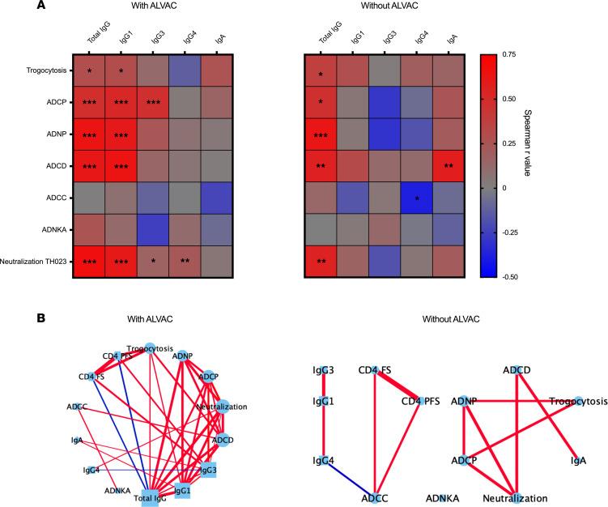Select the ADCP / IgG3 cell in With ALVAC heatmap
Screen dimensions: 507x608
click(x=154, y=103)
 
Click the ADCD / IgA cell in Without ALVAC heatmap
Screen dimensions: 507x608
click(x=450, y=167)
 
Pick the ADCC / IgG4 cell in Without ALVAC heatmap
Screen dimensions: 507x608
click(x=419, y=198)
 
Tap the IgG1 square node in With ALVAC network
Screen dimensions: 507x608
click(x=183, y=489)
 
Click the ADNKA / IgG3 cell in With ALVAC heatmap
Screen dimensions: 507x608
click(x=154, y=231)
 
